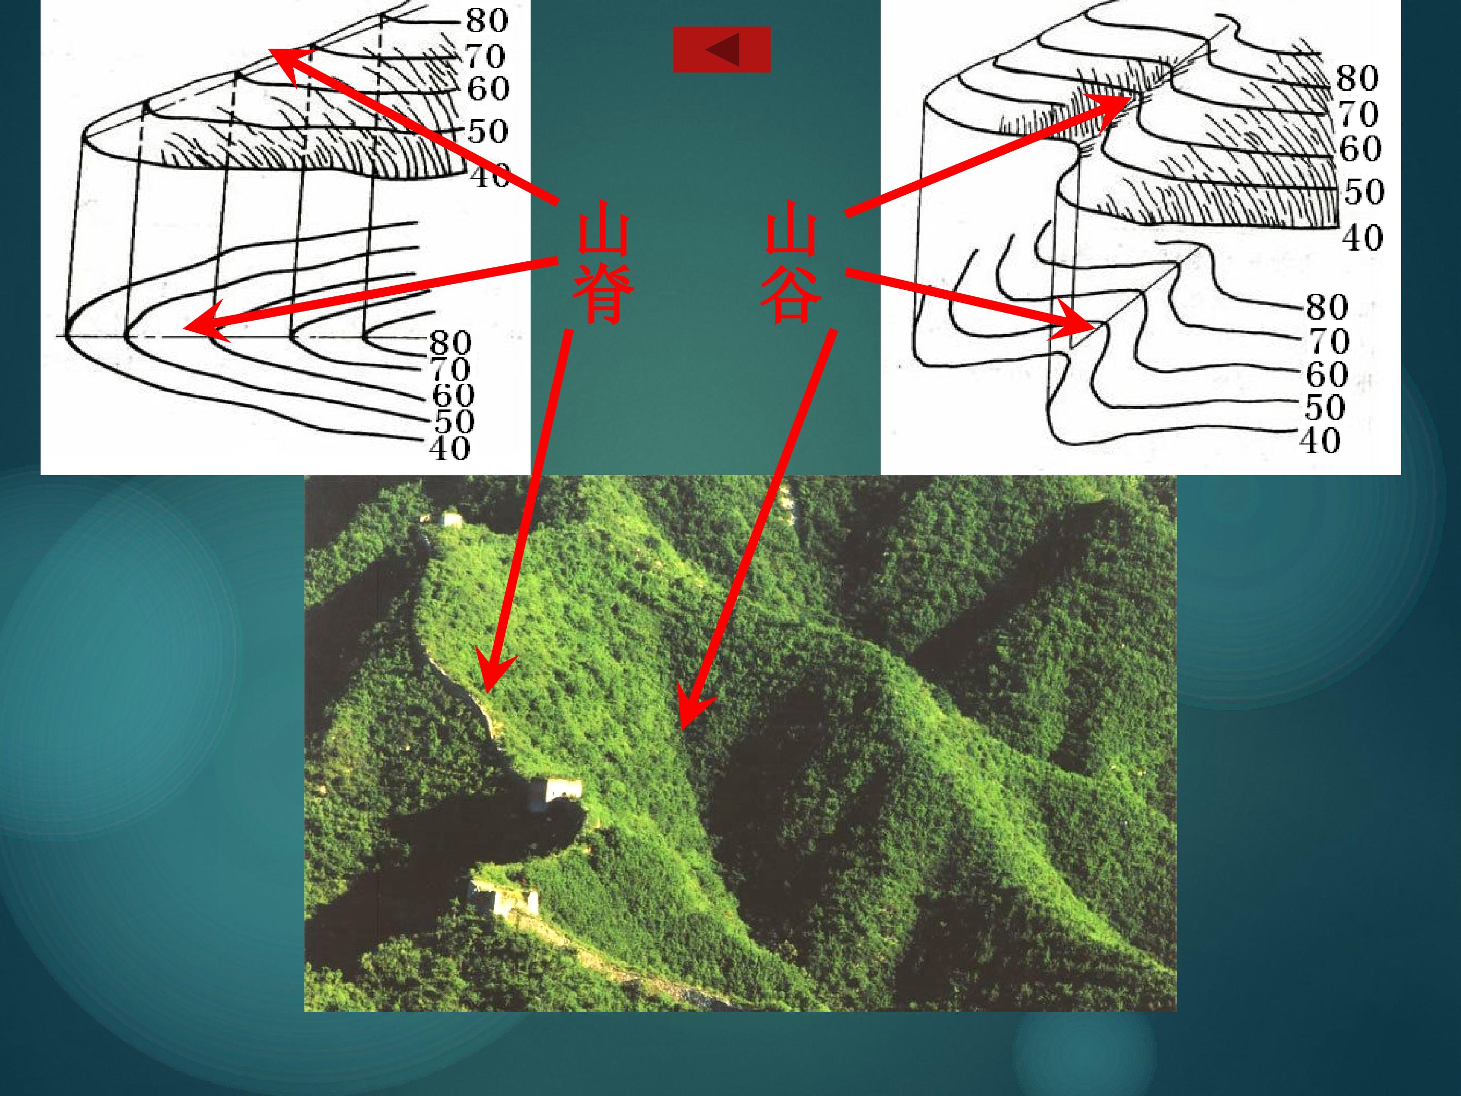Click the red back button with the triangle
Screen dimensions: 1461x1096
tap(721, 50)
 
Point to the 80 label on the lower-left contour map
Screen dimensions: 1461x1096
tap(450, 344)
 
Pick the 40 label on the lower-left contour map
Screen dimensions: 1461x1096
tap(449, 449)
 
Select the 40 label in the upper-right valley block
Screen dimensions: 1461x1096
tap(1362, 238)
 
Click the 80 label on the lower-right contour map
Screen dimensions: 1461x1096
tap(1326, 307)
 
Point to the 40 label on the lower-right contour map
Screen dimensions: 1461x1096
tap(1321, 440)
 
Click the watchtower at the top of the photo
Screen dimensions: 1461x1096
tap(452, 520)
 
